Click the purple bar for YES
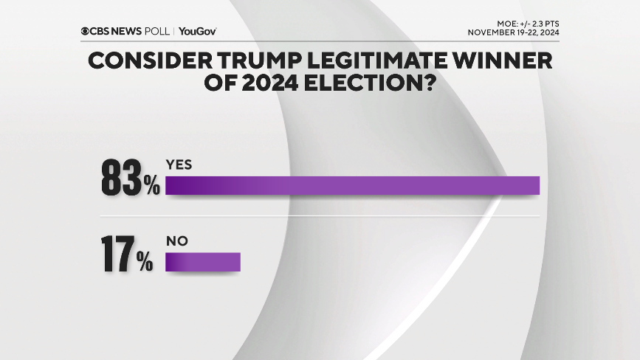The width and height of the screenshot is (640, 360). coord(352,186)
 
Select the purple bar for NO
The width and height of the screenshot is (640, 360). coord(203,262)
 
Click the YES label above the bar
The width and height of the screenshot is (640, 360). coord(179,165)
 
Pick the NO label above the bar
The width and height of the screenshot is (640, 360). coord(176,240)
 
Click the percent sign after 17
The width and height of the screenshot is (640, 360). coord(145,263)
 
